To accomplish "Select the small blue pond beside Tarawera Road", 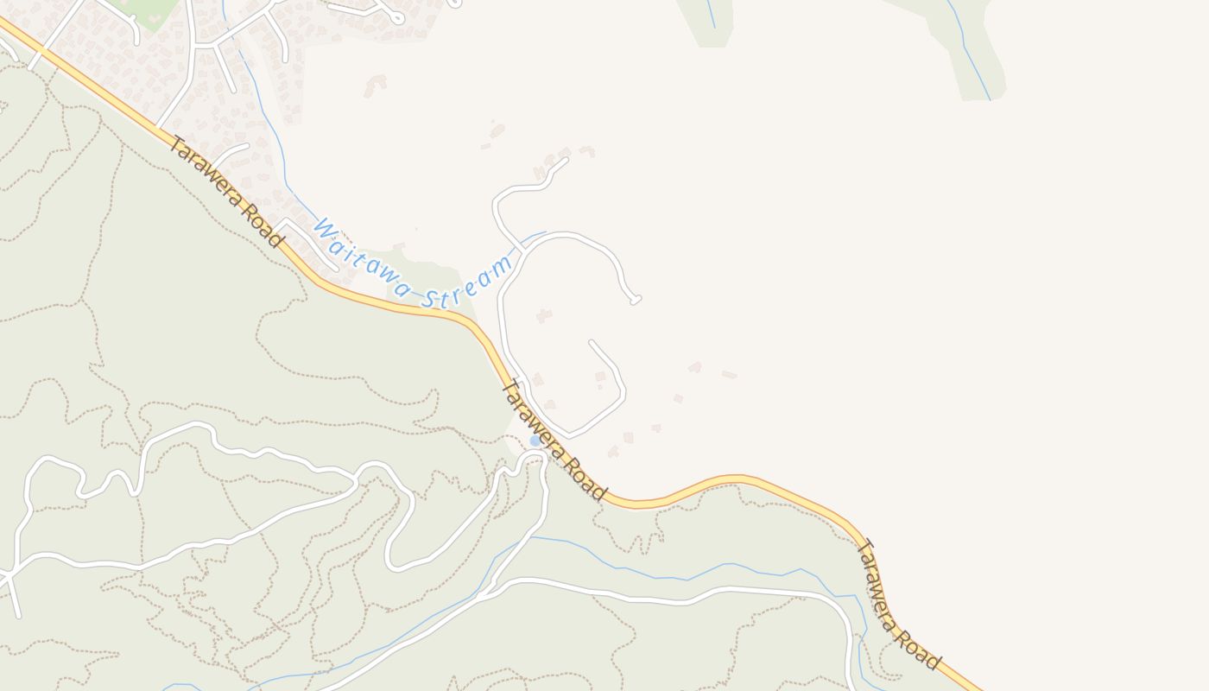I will coord(535,441).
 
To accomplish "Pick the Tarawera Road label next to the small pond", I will coord(554,441).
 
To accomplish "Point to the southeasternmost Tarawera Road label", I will coord(898,605).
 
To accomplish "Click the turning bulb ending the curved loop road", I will coord(636,301).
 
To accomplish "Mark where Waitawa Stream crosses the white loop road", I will coord(522,247).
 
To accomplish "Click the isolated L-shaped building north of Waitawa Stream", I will coord(376,85).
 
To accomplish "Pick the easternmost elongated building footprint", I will coord(730,375).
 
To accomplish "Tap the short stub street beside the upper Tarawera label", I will coord(231,154).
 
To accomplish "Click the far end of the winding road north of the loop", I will coord(567,159).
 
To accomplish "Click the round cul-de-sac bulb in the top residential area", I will coord(397,17).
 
